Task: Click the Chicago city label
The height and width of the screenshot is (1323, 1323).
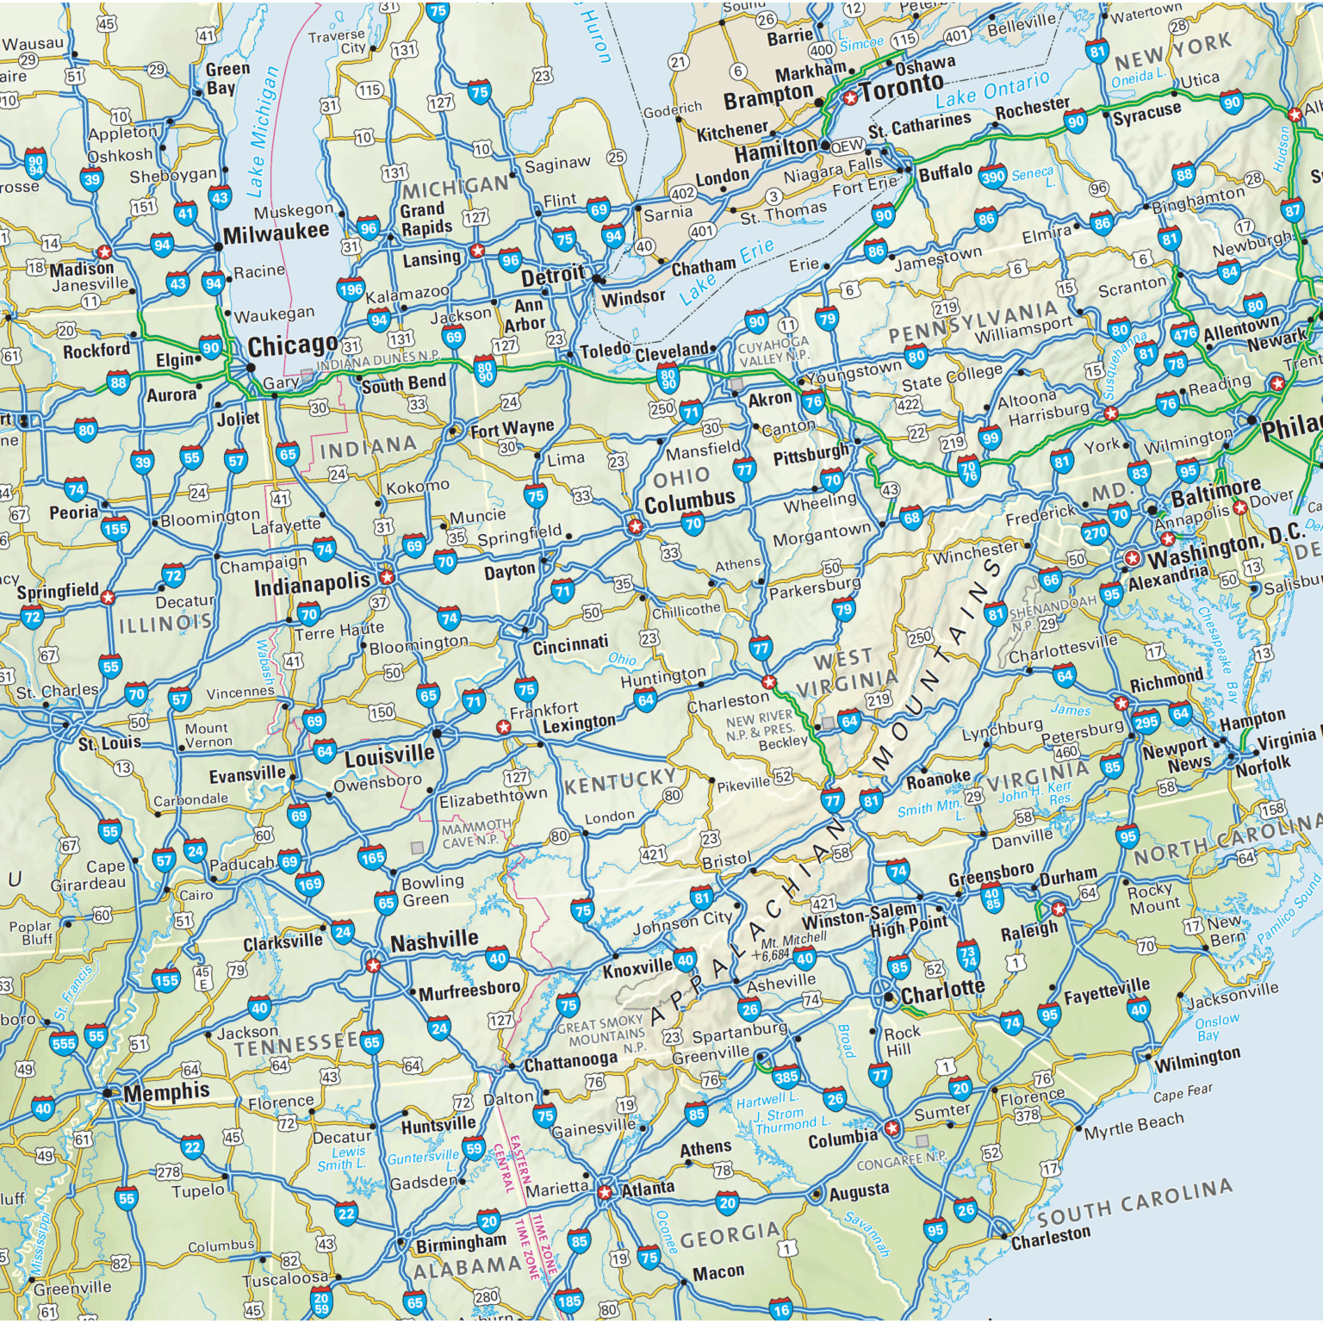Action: click(x=292, y=346)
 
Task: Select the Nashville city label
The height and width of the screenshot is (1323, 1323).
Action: click(x=434, y=941)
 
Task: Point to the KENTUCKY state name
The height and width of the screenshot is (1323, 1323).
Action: click(x=620, y=782)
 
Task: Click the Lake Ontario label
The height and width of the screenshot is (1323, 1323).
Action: click(x=993, y=89)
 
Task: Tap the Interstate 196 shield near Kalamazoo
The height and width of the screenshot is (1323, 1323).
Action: click(x=351, y=289)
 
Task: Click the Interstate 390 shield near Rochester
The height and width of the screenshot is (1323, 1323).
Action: click(x=993, y=177)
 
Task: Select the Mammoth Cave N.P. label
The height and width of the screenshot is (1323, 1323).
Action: click(x=475, y=834)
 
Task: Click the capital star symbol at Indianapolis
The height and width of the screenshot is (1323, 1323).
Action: click(x=387, y=577)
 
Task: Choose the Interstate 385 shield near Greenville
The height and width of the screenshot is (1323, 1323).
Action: click(x=786, y=1076)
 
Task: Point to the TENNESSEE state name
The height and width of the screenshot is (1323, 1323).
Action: click(x=296, y=1045)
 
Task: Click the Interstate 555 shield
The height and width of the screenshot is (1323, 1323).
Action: click(x=64, y=1044)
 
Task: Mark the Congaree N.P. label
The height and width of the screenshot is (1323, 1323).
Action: click(x=901, y=1160)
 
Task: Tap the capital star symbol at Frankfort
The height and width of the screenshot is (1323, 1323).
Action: click(x=504, y=728)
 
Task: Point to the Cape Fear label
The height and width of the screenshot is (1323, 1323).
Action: click(x=1183, y=1093)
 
